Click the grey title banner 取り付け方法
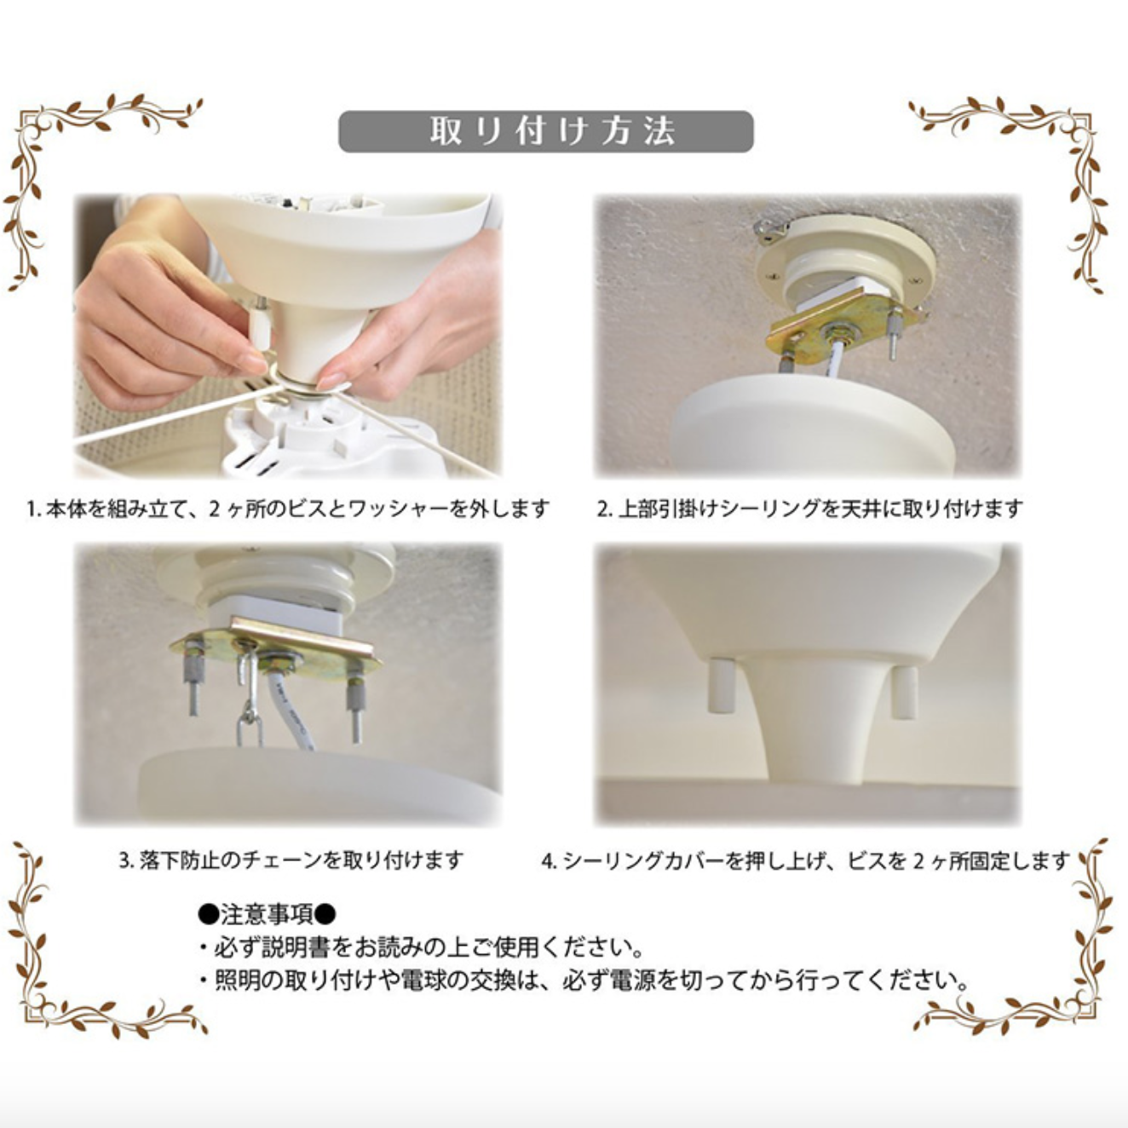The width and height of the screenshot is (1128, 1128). [x=545, y=132]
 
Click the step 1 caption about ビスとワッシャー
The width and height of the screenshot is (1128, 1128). [x=287, y=509]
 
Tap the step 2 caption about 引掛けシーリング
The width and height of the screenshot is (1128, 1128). [x=809, y=509]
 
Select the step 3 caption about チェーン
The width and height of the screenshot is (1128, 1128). [x=291, y=860]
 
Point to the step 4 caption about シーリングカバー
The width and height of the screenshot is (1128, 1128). [x=806, y=861]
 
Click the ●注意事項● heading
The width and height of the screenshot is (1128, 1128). [x=268, y=914]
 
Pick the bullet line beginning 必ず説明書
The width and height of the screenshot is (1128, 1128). [x=420, y=947]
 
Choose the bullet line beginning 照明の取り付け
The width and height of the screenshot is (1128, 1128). [x=583, y=980]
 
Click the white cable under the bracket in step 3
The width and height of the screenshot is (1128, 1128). [x=290, y=711]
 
